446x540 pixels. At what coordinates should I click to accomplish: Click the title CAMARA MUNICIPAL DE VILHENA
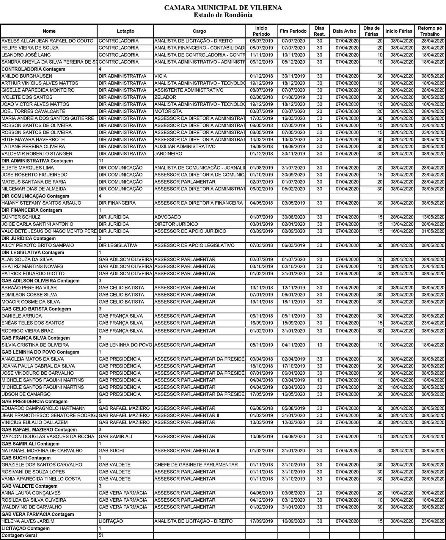223,8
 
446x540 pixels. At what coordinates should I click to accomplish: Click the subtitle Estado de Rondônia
223,15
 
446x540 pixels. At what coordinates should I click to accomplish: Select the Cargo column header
199,31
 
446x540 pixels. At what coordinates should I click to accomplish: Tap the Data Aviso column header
344,31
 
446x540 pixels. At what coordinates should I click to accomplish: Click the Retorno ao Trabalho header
430,31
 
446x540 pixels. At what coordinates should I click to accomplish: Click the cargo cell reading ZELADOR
165,97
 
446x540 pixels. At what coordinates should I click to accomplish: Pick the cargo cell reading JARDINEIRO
168,154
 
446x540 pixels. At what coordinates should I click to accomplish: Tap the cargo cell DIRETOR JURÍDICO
176,224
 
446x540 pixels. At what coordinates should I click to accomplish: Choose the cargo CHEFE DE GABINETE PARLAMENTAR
196,465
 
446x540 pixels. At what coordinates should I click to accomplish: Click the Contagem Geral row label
19,536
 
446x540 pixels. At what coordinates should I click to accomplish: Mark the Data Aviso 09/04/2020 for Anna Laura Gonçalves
347,493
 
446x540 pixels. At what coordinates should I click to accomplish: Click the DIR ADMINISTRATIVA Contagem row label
37,161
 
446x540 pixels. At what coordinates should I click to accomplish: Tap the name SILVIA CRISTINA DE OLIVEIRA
35,345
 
